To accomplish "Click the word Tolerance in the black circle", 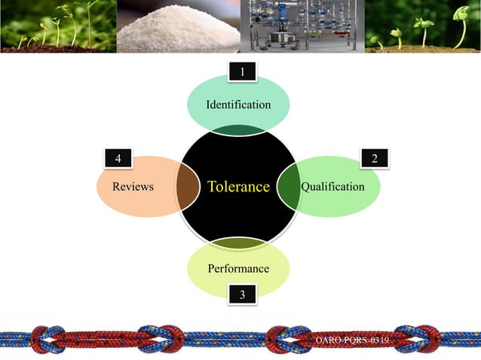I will [x=238, y=187].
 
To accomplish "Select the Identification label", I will [x=238, y=105].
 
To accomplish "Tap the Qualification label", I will [x=332, y=187].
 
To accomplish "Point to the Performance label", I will [x=238, y=269].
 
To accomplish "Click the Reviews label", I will [x=133, y=187].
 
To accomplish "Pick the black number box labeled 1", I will [x=241, y=72].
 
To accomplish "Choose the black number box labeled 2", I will [x=374, y=158].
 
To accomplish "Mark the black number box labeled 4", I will [x=118, y=158].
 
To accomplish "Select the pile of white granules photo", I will [x=176, y=26].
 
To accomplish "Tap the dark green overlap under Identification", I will [x=238, y=130].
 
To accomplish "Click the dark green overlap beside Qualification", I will [x=290, y=186].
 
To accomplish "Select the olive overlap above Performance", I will [x=238, y=243].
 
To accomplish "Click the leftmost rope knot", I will [x=47, y=340].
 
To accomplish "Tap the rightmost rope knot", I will [x=418, y=340].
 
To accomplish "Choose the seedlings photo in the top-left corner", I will [x=57, y=26].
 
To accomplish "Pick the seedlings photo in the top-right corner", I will [x=422, y=26].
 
